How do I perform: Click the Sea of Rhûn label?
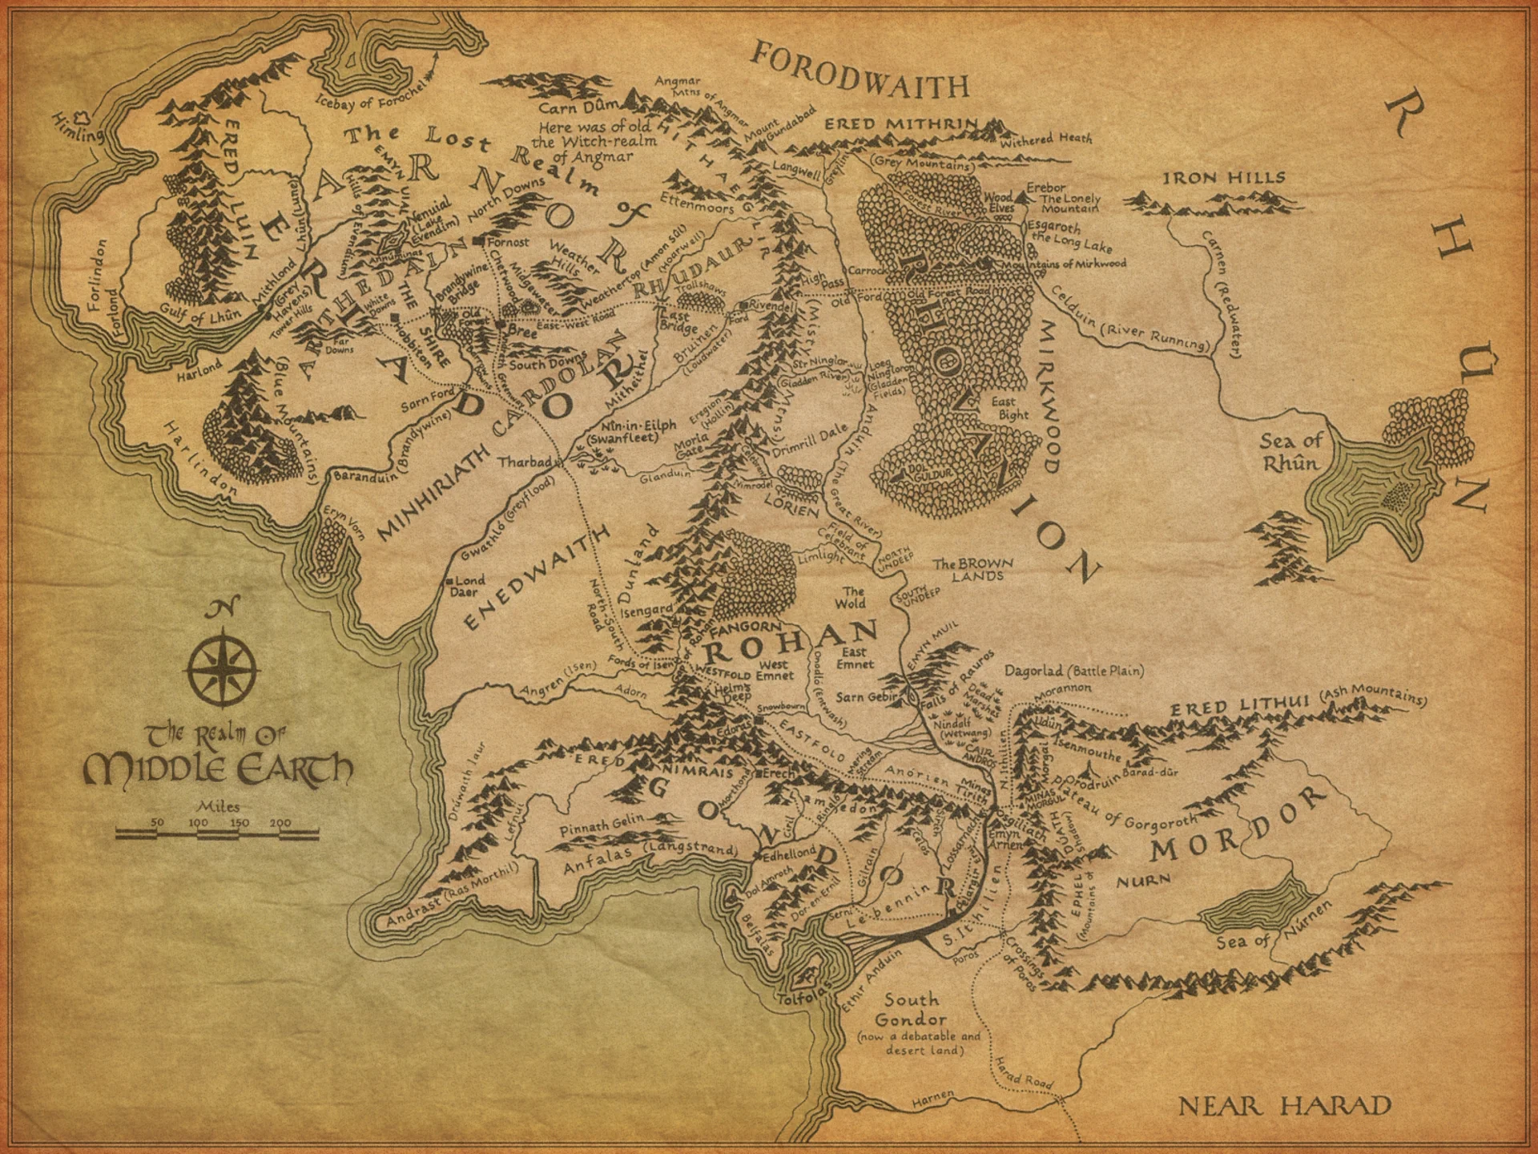click(x=1290, y=451)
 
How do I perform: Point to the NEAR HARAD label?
click(x=1285, y=1107)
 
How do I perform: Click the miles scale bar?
click(x=217, y=834)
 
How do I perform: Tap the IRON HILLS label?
click(x=1224, y=179)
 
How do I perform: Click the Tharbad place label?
click(x=525, y=462)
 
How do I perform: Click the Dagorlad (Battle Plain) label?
click(x=1073, y=671)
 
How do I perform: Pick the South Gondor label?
click(x=911, y=1011)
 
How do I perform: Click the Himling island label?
click(x=78, y=127)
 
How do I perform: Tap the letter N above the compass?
click(x=214, y=611)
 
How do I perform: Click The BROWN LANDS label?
click(x=972, y=569)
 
